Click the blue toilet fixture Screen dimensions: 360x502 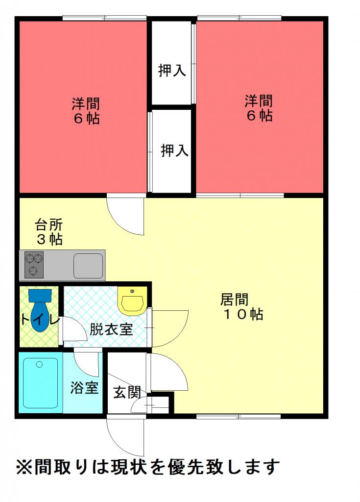(40, 310)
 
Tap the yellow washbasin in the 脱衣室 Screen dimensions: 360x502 (132, 301)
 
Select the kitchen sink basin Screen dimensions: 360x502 (88, 266)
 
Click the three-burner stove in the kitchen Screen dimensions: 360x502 (34, 265)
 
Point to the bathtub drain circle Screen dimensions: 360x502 (39, 364)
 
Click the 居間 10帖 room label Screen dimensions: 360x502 (241, 307)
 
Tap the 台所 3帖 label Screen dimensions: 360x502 (49, 232)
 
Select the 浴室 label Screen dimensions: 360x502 (84, 388)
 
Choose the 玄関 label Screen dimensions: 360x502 (127, 393)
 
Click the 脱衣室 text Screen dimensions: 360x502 (111, 329)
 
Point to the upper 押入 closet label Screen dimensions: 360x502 (172, 70)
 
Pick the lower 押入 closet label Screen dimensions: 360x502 (174, 151)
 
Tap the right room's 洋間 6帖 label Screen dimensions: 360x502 (259, 108)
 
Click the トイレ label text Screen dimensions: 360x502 (40, 320)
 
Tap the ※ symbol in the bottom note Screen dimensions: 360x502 (24, 467)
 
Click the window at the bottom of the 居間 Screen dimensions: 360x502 (239, 416)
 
